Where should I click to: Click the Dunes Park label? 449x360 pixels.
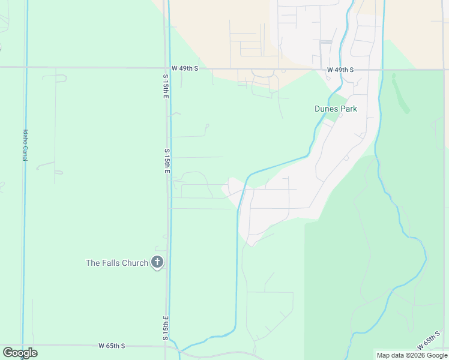click(x=336, y=109)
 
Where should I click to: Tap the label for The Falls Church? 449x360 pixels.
click(x=116, y=263)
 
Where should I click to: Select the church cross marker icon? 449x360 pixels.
click(x=157, y=262)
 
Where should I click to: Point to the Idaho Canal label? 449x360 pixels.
click(x=25, y=145)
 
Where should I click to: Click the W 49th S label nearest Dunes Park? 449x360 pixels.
click(x=340, y=70)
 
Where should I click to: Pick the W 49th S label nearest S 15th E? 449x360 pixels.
click(x=184, y=68)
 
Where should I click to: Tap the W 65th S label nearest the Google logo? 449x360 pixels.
click(x=112, y=346)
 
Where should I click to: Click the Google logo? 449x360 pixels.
click(x=20, y=353)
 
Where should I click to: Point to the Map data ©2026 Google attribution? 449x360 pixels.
click(x=411, y=355)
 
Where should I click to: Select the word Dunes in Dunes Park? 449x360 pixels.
click(x=326, y=109)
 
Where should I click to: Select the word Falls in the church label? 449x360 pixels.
click(x=110, y=263)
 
